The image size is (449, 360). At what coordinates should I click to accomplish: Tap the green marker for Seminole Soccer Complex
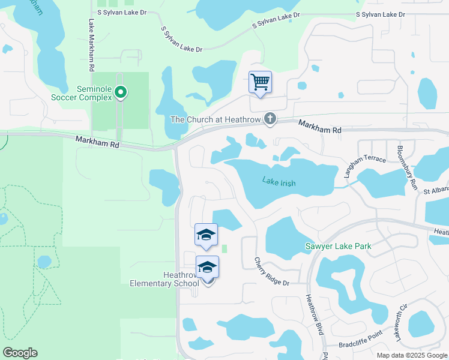[121, 92]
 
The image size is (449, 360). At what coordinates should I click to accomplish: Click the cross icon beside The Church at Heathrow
[270, 118]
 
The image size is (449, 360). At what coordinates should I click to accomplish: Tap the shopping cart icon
[260, 82]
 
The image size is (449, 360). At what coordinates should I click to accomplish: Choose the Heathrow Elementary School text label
[164, 279]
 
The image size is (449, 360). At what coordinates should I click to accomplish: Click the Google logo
[20, 353]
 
